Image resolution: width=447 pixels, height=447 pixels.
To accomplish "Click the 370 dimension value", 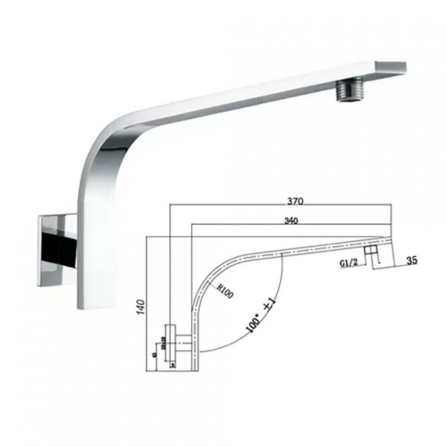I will click(296, 202).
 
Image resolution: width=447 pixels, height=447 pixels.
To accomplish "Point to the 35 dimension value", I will click(412, 260).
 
